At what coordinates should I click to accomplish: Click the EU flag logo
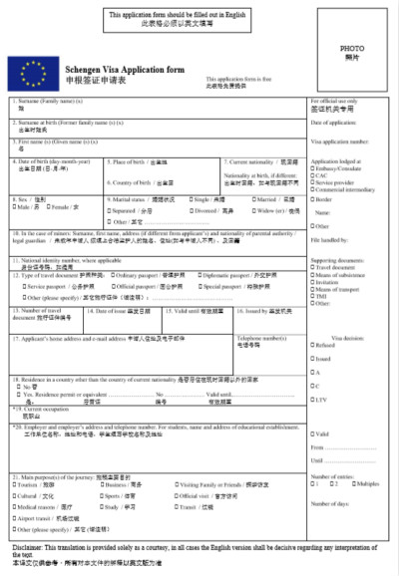point(27,73)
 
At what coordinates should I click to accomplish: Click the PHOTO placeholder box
point(351,54)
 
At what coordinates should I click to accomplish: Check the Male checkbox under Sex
point(15,207)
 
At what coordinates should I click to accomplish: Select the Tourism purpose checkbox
point(16,483)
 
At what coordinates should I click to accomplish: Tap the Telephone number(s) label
point(258,338)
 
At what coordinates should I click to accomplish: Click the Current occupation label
point(45,410)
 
